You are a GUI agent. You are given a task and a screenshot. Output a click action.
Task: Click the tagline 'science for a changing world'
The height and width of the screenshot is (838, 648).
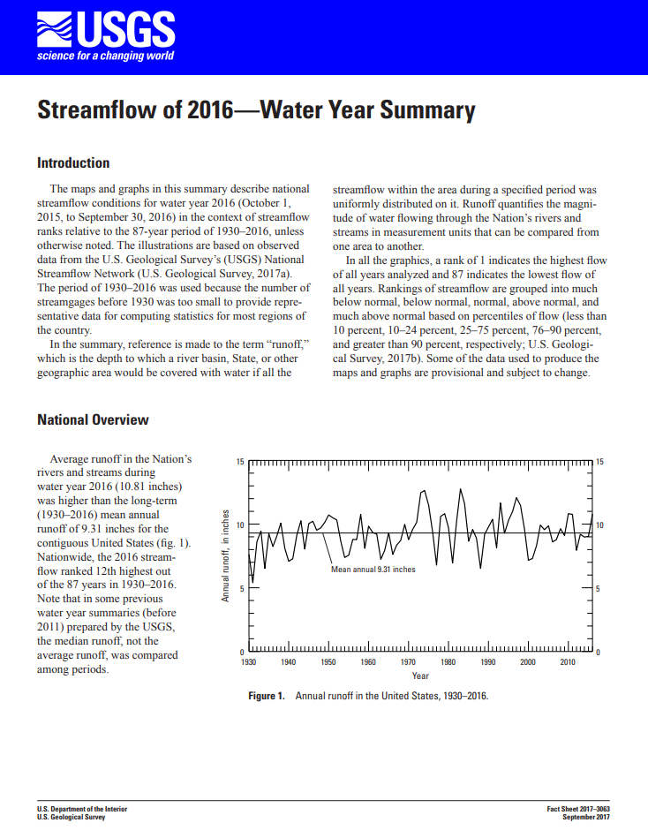click(x=105, y=57)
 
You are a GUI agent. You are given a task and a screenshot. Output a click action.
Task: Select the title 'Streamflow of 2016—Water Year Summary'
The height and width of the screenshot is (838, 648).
click(x=256, y=111)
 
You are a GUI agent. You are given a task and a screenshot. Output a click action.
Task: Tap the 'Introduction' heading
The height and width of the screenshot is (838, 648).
click(x=73, y=163)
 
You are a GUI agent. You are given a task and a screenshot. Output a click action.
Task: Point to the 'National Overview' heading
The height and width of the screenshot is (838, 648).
click(x=93, y=419)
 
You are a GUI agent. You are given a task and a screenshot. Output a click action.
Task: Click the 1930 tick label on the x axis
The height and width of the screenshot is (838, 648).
click(x=248, y=661)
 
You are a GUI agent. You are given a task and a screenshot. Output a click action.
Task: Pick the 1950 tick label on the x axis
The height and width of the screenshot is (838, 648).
click(x=328, y=661)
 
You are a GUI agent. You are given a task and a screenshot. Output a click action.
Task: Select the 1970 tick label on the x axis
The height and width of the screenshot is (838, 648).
click(x=409, y=661)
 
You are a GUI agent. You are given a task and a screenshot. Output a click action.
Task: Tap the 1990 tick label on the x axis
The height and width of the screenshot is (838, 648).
click(x=487, y=661)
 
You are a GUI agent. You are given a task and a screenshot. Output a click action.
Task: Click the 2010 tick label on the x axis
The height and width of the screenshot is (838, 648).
click(x=568, y=661)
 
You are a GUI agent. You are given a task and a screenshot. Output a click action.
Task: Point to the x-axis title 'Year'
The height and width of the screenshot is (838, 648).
click(x=420, y=676)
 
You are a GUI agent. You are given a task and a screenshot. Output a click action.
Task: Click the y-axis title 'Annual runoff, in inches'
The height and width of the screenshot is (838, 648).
click(x=225, y=555)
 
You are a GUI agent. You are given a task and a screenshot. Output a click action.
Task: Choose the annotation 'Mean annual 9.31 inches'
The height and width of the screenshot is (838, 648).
click(x=373, y=570)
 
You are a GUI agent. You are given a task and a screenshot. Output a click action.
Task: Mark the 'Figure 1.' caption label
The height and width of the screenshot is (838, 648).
click(x=267, y=696)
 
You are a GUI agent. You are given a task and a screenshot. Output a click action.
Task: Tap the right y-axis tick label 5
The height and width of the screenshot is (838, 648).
click(x=599, y=589)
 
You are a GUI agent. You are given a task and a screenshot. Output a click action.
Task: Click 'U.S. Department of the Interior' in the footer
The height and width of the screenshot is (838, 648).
click(x=82, y=809)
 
